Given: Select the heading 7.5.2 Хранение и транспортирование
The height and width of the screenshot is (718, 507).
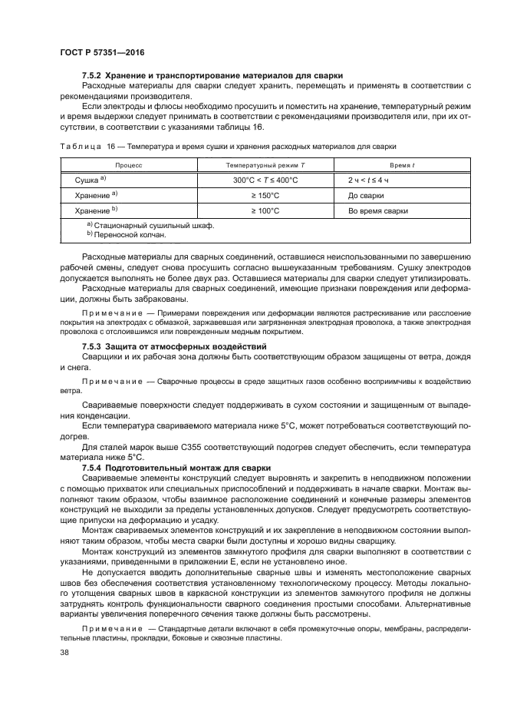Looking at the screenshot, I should point(211,75).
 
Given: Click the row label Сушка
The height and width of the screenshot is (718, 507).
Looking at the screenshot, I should point(89,180).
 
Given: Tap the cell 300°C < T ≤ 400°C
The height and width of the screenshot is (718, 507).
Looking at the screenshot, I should point(265,180).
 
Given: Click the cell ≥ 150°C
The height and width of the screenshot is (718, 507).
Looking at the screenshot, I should point(265,195).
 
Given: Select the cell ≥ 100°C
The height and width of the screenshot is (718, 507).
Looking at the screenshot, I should point(265,210).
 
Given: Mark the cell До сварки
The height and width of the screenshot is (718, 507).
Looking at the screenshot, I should point(367,195).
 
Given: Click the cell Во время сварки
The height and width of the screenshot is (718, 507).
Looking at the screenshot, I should point(377,210).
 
